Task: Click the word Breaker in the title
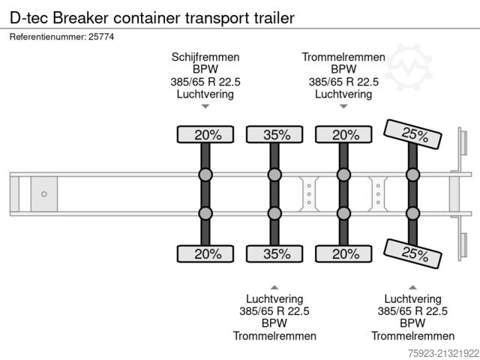(x=80, y=16)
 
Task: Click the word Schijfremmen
(x=205, y=57)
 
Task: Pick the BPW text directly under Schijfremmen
(x=205, y=70)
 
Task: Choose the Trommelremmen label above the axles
(x=343, y=57)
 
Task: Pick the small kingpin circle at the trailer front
(x=44, y=194)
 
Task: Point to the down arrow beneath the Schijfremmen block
(x=205, y=108)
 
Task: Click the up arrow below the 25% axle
(x=412, y=286)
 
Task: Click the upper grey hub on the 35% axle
(x=275, y=175)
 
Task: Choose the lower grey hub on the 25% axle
(x=412, y=214)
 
